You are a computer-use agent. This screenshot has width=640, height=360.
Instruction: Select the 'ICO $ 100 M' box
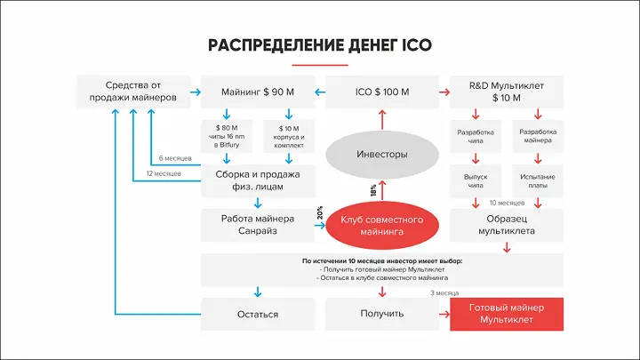click(x=382, y=92)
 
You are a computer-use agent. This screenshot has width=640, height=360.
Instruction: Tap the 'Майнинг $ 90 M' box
click(x=258, y=92)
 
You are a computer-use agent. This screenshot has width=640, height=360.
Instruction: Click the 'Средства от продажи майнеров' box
click(x=133, y=92)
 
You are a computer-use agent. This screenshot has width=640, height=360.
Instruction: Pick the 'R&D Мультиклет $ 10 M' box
click(x=507, y=92)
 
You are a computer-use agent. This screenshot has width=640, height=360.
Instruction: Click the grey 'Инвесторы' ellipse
click(x=382, y=155)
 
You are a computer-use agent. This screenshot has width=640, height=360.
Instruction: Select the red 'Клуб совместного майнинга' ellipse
click(x=382, y=225)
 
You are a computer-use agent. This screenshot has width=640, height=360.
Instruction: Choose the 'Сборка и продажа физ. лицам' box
click(x=258, y=180)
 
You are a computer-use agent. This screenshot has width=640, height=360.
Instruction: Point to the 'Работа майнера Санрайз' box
click(x=258, y=225)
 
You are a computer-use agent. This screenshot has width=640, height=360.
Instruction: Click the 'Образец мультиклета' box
click(x=507, y=225)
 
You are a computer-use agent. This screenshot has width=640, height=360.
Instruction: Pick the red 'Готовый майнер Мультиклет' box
click(x=507, y=313)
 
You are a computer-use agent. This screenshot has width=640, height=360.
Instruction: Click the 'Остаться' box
click(x=258, y=313)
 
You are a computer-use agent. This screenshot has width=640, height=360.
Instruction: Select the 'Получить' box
click(x=382, y=313)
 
